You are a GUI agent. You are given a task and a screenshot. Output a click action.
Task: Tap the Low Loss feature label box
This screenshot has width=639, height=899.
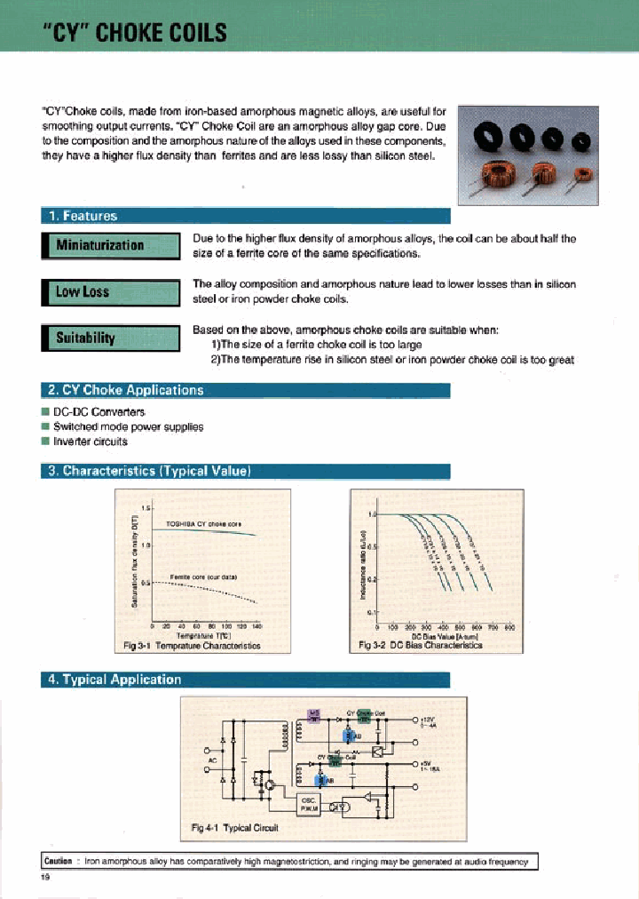pyautogui.click(x=82, y=291)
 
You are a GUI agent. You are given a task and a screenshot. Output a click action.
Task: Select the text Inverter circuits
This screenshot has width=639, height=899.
pyautogui.click(x=90, y=442)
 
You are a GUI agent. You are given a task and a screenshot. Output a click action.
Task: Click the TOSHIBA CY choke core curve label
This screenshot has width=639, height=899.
pyautogui.click(x=204, y=523)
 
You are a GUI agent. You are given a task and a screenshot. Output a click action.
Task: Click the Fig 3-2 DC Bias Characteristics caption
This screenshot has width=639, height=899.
pyautogui.click(x=420, y=646)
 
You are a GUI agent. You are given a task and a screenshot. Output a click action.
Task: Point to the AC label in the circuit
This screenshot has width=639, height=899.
pyautogui.click(x=211, y=760)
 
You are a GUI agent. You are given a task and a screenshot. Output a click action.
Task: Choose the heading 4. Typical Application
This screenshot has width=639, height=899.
pyautogui.click(x=114, y=680)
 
